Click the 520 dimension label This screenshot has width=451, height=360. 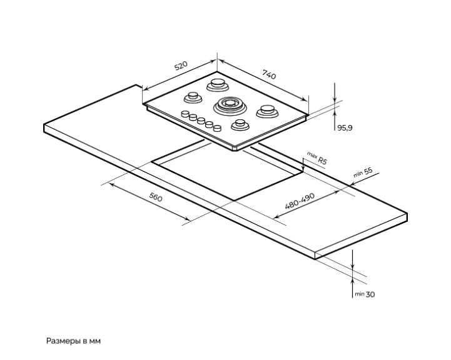tap(181, 65)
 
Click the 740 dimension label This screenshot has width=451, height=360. tap(269, 74)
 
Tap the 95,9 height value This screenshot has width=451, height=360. tap(345, 127)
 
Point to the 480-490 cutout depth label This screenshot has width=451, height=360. tap(300, 201)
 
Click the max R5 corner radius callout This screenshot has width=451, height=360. tap(317, 157)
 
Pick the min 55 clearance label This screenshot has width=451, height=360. tap(363, 172)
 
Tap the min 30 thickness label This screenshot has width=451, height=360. tap(365, 294)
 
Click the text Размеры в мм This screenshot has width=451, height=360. tap(74, 341)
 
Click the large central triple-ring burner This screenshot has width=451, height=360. tap(230, 106)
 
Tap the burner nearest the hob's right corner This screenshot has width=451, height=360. tap(267, 111)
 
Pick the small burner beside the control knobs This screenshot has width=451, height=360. tap(240, 125)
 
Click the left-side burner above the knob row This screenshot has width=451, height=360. tap(193, 97)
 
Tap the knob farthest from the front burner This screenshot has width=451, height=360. tap(186, 114)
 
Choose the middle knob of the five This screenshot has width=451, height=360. tap(201, 121)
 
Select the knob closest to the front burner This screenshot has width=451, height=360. tap(217, 128)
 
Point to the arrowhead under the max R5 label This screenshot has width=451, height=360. tap(303, 169)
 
